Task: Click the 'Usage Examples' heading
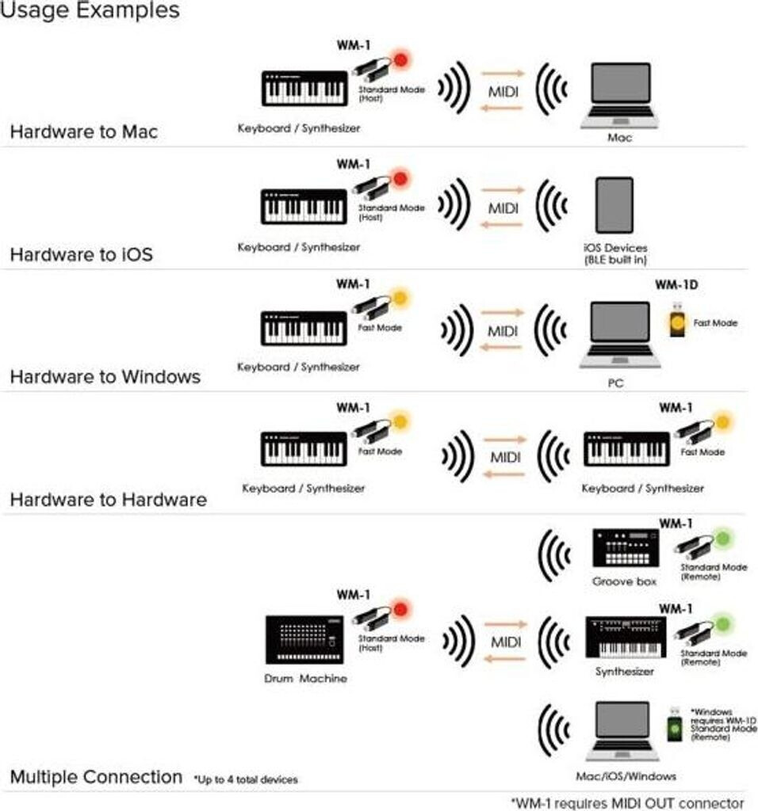click(90, 11)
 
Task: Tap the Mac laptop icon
click(620, 95)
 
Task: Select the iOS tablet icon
click(614, 204)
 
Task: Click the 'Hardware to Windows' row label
click(105, 376)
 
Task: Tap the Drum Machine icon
click(304, 639)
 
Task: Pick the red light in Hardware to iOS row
click(400, 179)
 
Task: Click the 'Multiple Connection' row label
click(96, 777)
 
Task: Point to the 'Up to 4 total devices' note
click(246, 780)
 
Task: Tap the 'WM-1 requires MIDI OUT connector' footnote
click(627, 802)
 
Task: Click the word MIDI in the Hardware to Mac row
click(503, 92)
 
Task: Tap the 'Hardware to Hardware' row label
click(108, 500)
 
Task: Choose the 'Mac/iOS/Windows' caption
click(626, 776)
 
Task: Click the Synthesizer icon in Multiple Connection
click(625, 638)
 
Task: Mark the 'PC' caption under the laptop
click(620, 383)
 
